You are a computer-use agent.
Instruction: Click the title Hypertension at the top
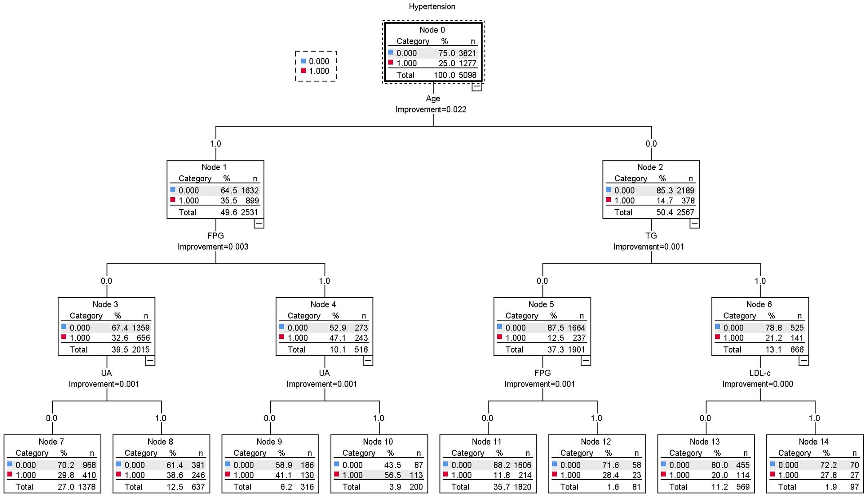pyautogui.click(x=432, y=7)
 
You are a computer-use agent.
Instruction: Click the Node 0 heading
pyautogui.click(x=432, y=30)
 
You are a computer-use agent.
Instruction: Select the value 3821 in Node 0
pyautogui.click(x=467, y=53)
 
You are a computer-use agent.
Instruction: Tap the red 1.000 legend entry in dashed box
pyautogui.click(x=315, y=71)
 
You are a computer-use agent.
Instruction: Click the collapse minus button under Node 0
pyautogui.click(x=476, y=86)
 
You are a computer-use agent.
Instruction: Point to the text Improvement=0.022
pyautogui.click(x=431, y=110)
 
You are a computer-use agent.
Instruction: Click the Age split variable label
pyautogui.click(x=433, y=99)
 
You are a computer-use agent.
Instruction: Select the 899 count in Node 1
pyautogui.click(x=252, y=201)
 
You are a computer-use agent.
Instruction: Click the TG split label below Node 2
pyautogui.click(x=651, y=236)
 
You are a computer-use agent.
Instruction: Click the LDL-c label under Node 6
pyautogui.click(x=760, y=373)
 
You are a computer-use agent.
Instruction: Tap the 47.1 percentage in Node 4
pyautogui.click(x=337, y=338)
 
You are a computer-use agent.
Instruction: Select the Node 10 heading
pyautogui.click(x=378, y=441)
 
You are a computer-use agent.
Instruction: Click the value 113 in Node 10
pyautogui.click(x=416, y=475)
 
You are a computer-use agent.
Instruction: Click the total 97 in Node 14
pyautogui.click(x=854, y=487)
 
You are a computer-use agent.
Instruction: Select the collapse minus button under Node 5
pyautogui.click(x=586, y=361)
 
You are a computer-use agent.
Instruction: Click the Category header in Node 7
pyautogui.click(x=32, y=453)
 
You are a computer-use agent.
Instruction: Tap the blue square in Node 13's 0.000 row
pyautogui.click(x=663, y=464)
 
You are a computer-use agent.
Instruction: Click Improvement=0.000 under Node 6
pyautogui.click(x=757, y=384)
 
